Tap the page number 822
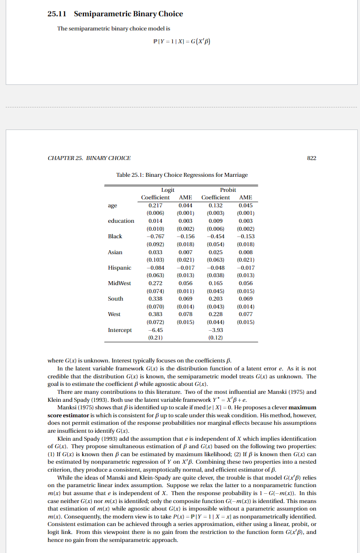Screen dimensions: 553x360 (x=312, y=158)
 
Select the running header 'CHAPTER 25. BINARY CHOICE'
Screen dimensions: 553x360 (x=89, y=158)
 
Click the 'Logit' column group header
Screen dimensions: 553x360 (x=167, y=190)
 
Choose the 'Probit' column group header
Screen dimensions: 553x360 (x=228, y=190)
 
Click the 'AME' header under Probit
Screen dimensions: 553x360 (x=245, y=197)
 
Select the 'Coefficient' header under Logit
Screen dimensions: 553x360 (x=155, y=197)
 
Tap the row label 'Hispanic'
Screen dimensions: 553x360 (x=119, y=267)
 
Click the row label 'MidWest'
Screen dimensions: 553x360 (x=119, y=283)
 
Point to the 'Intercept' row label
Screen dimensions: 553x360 (x=120, y=330)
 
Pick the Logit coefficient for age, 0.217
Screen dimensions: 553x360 (x=155, y=205)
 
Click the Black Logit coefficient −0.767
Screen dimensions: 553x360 (x=155, y=236)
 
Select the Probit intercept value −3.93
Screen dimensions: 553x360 (x=215, y=330)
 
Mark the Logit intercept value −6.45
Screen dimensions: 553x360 (x=155, y=330)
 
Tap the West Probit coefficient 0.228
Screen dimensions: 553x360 (x=215, y=314)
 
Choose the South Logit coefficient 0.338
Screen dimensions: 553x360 (x=155, y=298)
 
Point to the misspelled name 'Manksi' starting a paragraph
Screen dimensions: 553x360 (x=67, y=408)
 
